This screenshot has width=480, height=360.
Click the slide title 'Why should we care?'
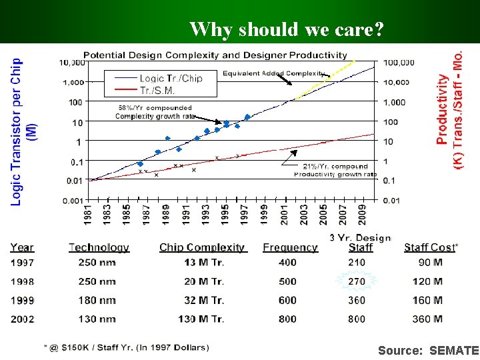point(287,29)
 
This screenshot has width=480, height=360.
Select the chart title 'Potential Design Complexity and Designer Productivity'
point(215,55)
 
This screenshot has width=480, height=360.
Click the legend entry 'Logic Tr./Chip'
point(171,78)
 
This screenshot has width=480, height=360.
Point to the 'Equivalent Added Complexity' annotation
point(274,73)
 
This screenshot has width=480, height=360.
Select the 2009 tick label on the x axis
point(361,215)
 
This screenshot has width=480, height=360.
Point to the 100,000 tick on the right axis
point(398,63)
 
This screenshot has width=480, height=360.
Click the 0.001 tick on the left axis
point(73,200)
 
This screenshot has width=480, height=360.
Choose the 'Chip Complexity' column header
point(202,247)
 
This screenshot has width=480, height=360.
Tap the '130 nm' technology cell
point(97,319)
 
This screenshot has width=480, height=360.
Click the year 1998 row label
point(22,281)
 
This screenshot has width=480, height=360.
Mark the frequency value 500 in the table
point(287,281)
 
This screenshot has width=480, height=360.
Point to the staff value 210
point(357,263)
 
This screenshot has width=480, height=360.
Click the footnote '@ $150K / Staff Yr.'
point(126,347)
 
